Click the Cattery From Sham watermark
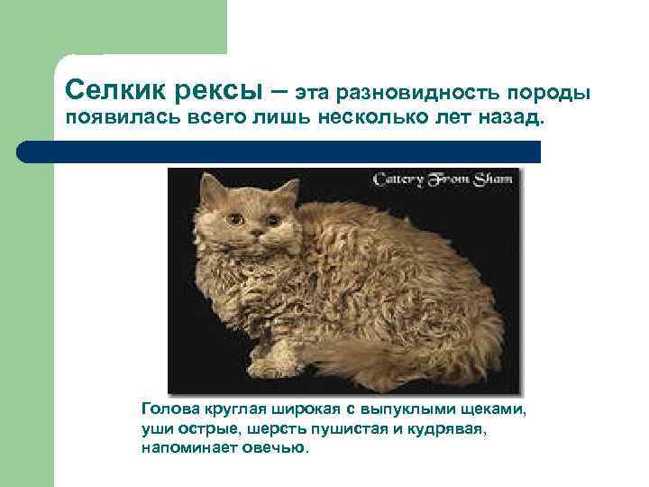443,179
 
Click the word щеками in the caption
495,410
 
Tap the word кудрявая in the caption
447,429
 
